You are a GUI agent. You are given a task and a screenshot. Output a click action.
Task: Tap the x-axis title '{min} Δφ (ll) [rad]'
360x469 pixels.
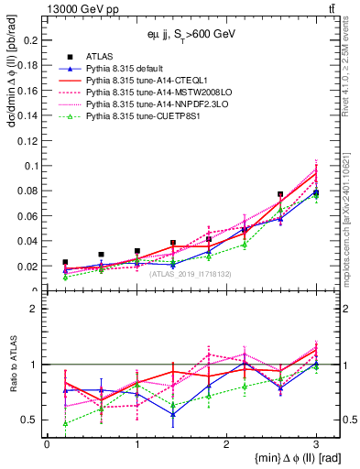click(x=286, y=457)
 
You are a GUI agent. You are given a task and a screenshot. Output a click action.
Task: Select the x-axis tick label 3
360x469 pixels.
click(x=315, y=443)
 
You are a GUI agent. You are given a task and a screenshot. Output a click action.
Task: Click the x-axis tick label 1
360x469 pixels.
click(x=136, y=443)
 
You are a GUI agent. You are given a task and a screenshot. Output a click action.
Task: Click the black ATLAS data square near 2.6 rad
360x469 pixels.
click(x=280, y=194)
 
